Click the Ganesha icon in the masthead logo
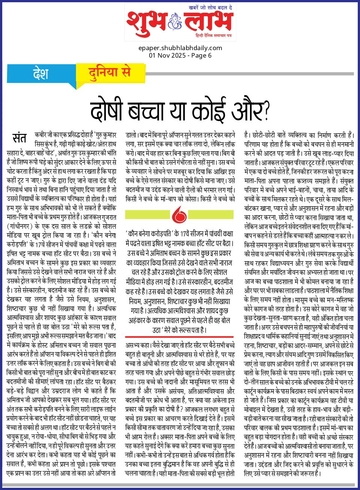click(175, 22)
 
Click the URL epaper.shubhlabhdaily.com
click(180, 48)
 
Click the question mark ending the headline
click(266, 111)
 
